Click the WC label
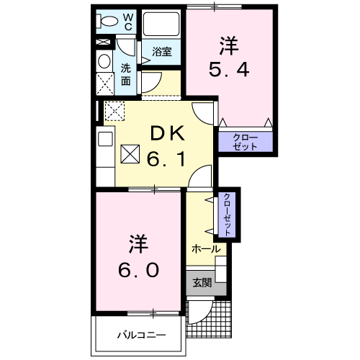tap(127, 21)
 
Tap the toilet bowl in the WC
tap(108, 21)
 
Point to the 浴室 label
tap(161, 51)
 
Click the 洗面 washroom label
tap(126, 75)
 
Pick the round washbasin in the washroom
tap(104, 61)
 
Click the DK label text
tap(167, 133)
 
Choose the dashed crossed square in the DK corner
tap(115, 112)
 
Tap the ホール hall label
tap(205, 248)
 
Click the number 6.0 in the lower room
tap(139, 271)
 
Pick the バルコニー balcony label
tap(141, 336)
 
